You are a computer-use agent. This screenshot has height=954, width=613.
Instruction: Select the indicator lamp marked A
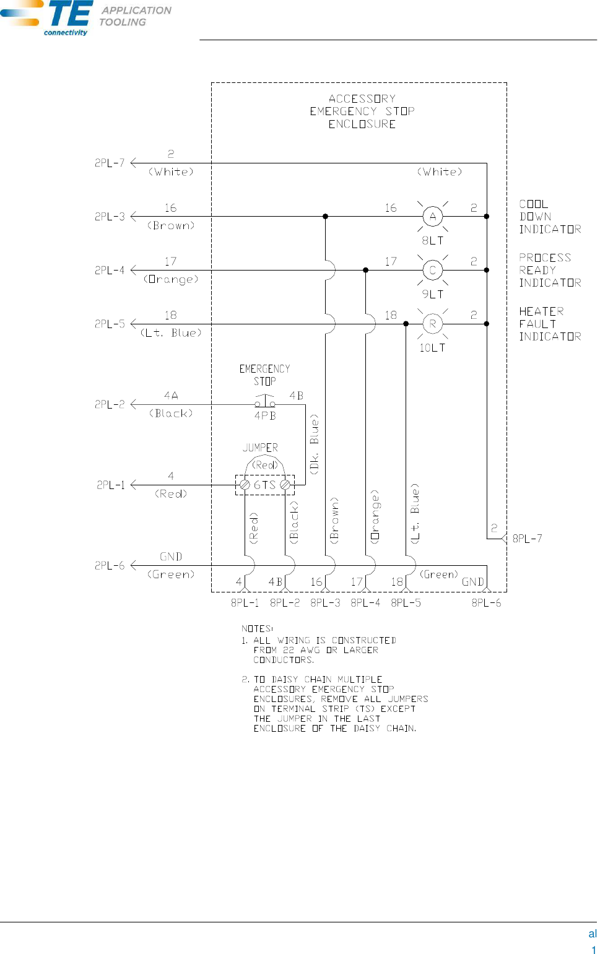433,216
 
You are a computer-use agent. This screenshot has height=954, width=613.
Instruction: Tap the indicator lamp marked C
433,270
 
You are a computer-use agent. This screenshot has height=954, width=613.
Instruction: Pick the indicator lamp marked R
433,324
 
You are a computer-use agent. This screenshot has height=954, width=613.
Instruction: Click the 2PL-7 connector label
110,163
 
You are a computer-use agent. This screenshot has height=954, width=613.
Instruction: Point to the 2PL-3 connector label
110,217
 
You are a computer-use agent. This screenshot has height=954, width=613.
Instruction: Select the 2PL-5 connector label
110,324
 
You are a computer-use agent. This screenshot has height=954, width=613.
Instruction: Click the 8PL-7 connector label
527,539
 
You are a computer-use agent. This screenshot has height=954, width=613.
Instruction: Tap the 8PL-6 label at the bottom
486,602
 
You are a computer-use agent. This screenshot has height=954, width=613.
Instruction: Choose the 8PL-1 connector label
245,602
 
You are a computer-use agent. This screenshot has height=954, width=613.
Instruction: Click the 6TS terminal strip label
264,485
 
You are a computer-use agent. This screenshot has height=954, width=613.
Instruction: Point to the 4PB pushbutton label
265,416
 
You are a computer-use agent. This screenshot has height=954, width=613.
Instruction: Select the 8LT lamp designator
433,240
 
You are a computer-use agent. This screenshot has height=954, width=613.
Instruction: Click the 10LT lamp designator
432,348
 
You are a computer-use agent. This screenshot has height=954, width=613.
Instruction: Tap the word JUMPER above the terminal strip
260,448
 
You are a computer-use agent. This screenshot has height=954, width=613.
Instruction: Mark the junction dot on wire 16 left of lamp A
325,216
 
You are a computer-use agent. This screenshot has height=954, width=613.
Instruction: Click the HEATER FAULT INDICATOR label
550,324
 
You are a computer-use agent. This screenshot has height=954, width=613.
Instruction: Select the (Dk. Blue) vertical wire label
314,444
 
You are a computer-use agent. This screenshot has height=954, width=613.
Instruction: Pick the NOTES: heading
257,628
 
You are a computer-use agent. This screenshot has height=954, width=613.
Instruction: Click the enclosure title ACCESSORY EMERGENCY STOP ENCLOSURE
362,111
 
